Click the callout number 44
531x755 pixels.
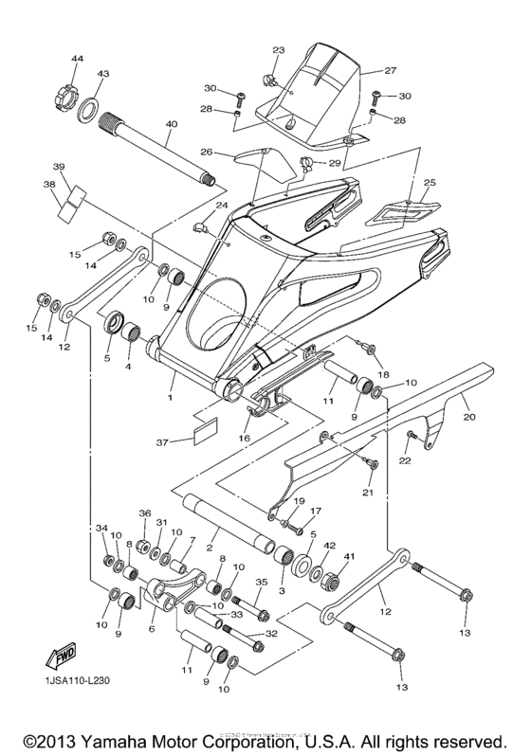(x=77, y=60)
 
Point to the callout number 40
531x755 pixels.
(x=171, y=124)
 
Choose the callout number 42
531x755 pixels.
(x=329, y=546)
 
